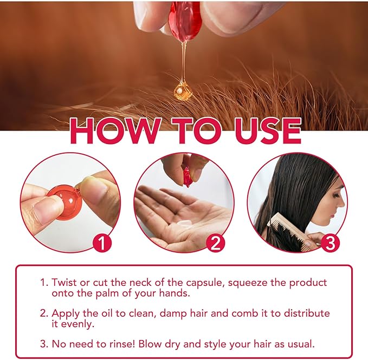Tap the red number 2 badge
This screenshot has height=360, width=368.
pos(216,243)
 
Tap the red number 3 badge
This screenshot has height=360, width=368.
pos(330,243)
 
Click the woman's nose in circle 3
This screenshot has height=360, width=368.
pos(343,200)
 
